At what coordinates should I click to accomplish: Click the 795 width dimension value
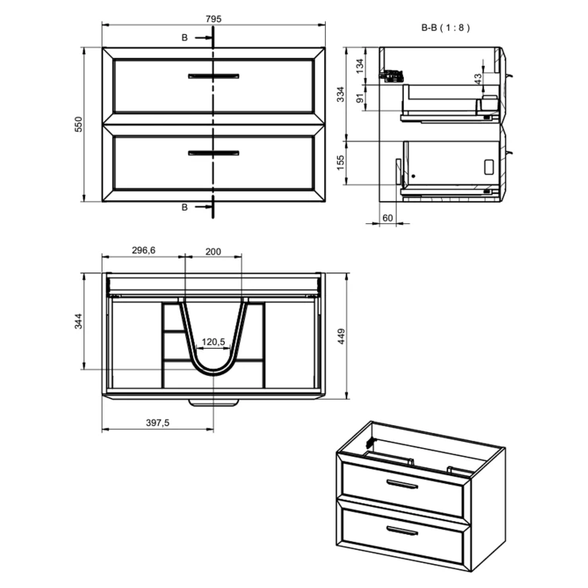pyautogui.click(x=212, y=17)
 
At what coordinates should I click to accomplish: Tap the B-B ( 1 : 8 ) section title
pyautogui.click(x=446, y=27)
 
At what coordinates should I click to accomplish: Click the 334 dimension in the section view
pyautogui.click(x=340, y=95)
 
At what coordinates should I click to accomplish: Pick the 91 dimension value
pyautogui.click(x=360, y=99)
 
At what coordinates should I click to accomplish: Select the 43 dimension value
pyautogui.click(x=478, y=79)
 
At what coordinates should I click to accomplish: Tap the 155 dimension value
pyautogui.click(x=340, y=163)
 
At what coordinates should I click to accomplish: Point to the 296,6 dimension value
pyautogui.click(x=144, y=250)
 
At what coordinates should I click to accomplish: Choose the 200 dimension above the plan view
pyautogui.click(x=212, y=250)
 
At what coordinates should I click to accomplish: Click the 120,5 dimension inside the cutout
pyautogui.click(x=214, y=342)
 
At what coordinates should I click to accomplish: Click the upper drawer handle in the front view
pyautogui.click(x=213, y=75)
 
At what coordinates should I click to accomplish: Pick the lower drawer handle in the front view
pyautogui.click(x=213, y=151)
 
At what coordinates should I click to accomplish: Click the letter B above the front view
pyautogui.click(x=184, y=37)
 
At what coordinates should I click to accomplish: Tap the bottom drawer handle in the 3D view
pyautogui.click(x=402, y=529)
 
